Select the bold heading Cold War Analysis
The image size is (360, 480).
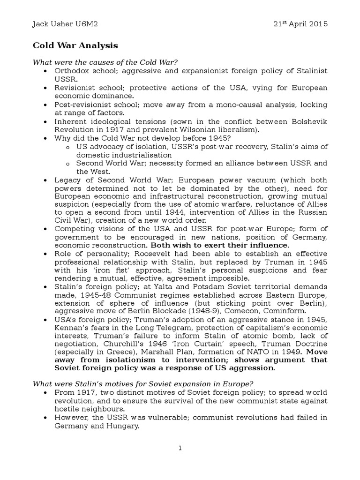pyautogui.click(x=75, y=45)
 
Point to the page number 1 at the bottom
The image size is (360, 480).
pyautogui.click(x=180, y=449)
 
